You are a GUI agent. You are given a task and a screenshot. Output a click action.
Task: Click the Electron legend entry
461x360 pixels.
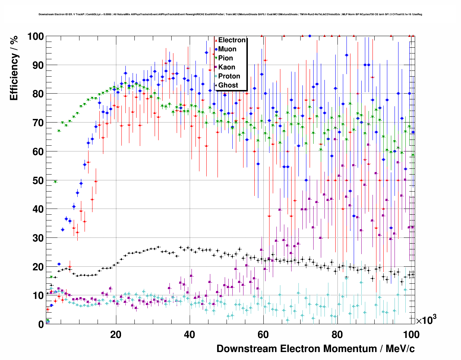[x=232, y=40]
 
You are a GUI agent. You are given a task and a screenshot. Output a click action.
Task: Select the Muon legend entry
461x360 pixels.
[x=227, y=49]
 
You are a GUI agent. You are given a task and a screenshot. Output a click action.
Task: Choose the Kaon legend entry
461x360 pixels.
[x=227, y=67]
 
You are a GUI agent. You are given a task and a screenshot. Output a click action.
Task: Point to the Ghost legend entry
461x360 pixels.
[x=228, y=85]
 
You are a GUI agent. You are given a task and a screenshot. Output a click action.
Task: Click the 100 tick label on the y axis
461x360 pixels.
[x=35, y=37]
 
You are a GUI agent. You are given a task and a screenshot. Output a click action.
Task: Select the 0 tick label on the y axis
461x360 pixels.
[x=41, y=324]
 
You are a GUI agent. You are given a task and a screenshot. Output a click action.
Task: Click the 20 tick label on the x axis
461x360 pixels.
[x=116, y=335]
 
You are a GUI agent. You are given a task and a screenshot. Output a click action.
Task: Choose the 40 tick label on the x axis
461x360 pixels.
[x=189, y=335]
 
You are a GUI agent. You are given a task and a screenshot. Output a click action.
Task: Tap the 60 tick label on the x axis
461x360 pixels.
[x=263, y=335]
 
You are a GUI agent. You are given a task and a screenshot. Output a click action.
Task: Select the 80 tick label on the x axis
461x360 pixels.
[x=337, y=335]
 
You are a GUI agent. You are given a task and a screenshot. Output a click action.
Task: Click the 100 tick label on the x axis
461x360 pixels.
[x=411, y=335]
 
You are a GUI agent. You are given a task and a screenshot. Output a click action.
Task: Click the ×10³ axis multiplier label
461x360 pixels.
[x=426, y=320]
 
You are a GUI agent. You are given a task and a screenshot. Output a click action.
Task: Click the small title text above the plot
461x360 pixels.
[x=230, y=14]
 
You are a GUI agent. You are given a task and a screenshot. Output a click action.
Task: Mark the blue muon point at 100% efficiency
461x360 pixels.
[x=310, y=36]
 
